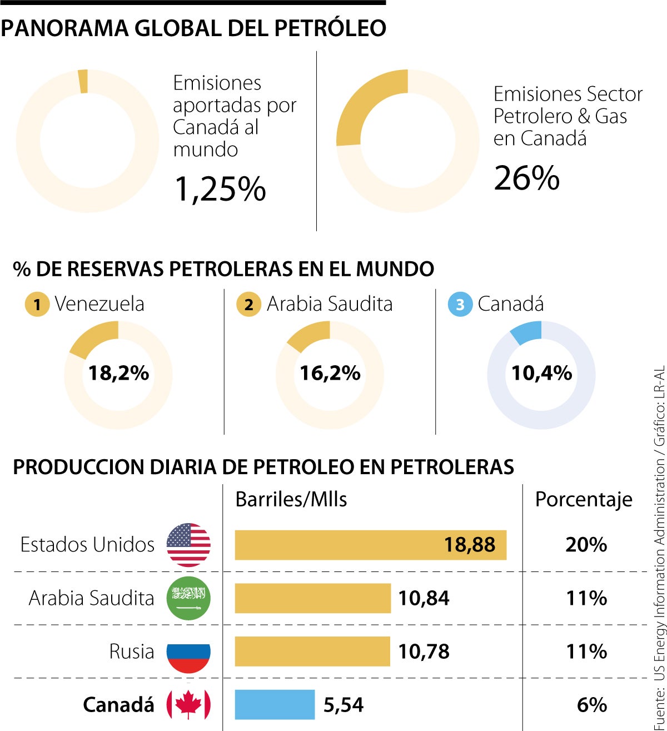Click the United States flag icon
[188, 545]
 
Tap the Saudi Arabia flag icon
[188, 598]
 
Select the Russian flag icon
[188, 652]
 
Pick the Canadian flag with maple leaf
[188, 704]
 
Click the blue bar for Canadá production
[275, 704]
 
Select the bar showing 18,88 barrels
[370, 545]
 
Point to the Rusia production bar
[312, 652]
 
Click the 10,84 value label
[424, 598]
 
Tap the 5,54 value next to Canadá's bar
[344, 705]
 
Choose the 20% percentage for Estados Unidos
[586, 545]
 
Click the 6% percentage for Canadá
[591, 705]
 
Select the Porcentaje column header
[584, 499]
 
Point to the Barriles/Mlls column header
[291, 499]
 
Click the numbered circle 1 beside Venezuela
[37, 305]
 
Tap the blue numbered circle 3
[460, 305]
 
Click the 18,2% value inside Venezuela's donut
[118, 373]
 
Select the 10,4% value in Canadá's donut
[541, 373]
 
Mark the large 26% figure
[526, 178]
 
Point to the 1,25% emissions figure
[220, 189]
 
